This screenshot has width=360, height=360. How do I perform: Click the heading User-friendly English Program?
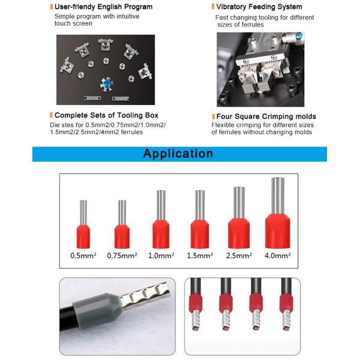point(103,7)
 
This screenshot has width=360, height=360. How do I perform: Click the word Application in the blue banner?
point(178,154)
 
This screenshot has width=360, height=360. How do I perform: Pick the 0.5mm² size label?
point(84,256)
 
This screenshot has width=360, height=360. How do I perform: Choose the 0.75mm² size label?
point(122,256)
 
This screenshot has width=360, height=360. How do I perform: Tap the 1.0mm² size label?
point(160,256)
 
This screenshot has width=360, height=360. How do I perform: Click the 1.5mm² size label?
point(199,256)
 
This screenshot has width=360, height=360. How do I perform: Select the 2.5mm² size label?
point(239,256)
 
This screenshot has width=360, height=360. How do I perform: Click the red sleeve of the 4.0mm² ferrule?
point(277,230)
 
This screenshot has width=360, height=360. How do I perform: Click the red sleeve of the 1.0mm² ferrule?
point(161,234)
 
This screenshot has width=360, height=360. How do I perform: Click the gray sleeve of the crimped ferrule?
point(101,312)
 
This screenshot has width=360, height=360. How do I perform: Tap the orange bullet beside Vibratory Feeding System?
point(212,7)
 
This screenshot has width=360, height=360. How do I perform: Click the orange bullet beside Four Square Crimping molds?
point(212,116)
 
